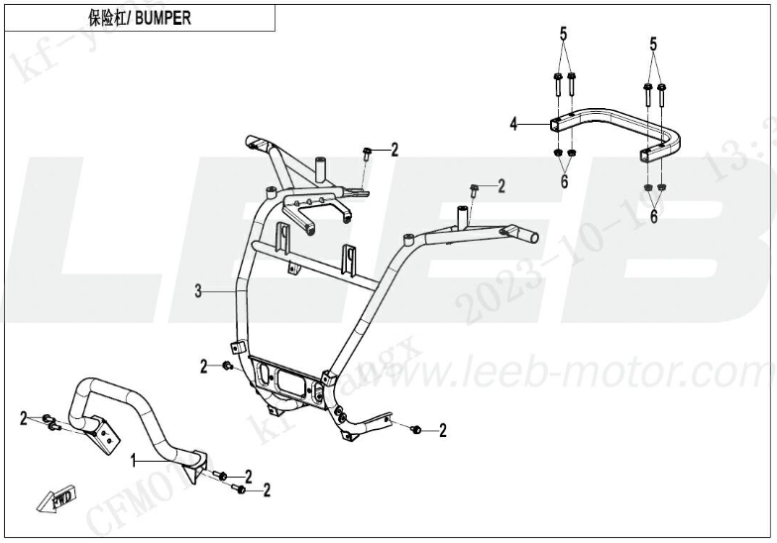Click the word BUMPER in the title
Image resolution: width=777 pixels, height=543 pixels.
tap(164, 18)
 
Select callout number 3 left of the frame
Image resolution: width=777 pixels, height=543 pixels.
tap(198, 291)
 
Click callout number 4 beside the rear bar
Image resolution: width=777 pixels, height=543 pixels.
tap(513, 124)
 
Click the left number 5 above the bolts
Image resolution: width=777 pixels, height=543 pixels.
tap(563, 37)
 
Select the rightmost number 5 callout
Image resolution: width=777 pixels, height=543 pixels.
tap(653, 44)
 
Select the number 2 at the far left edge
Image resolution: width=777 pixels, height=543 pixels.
tap(24, 418)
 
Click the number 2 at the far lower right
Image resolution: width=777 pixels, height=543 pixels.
tap(442, 430)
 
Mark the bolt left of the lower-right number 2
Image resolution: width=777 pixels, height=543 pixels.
tap(415, 429)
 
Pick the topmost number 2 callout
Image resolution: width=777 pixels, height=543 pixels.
tap(393, 151)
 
